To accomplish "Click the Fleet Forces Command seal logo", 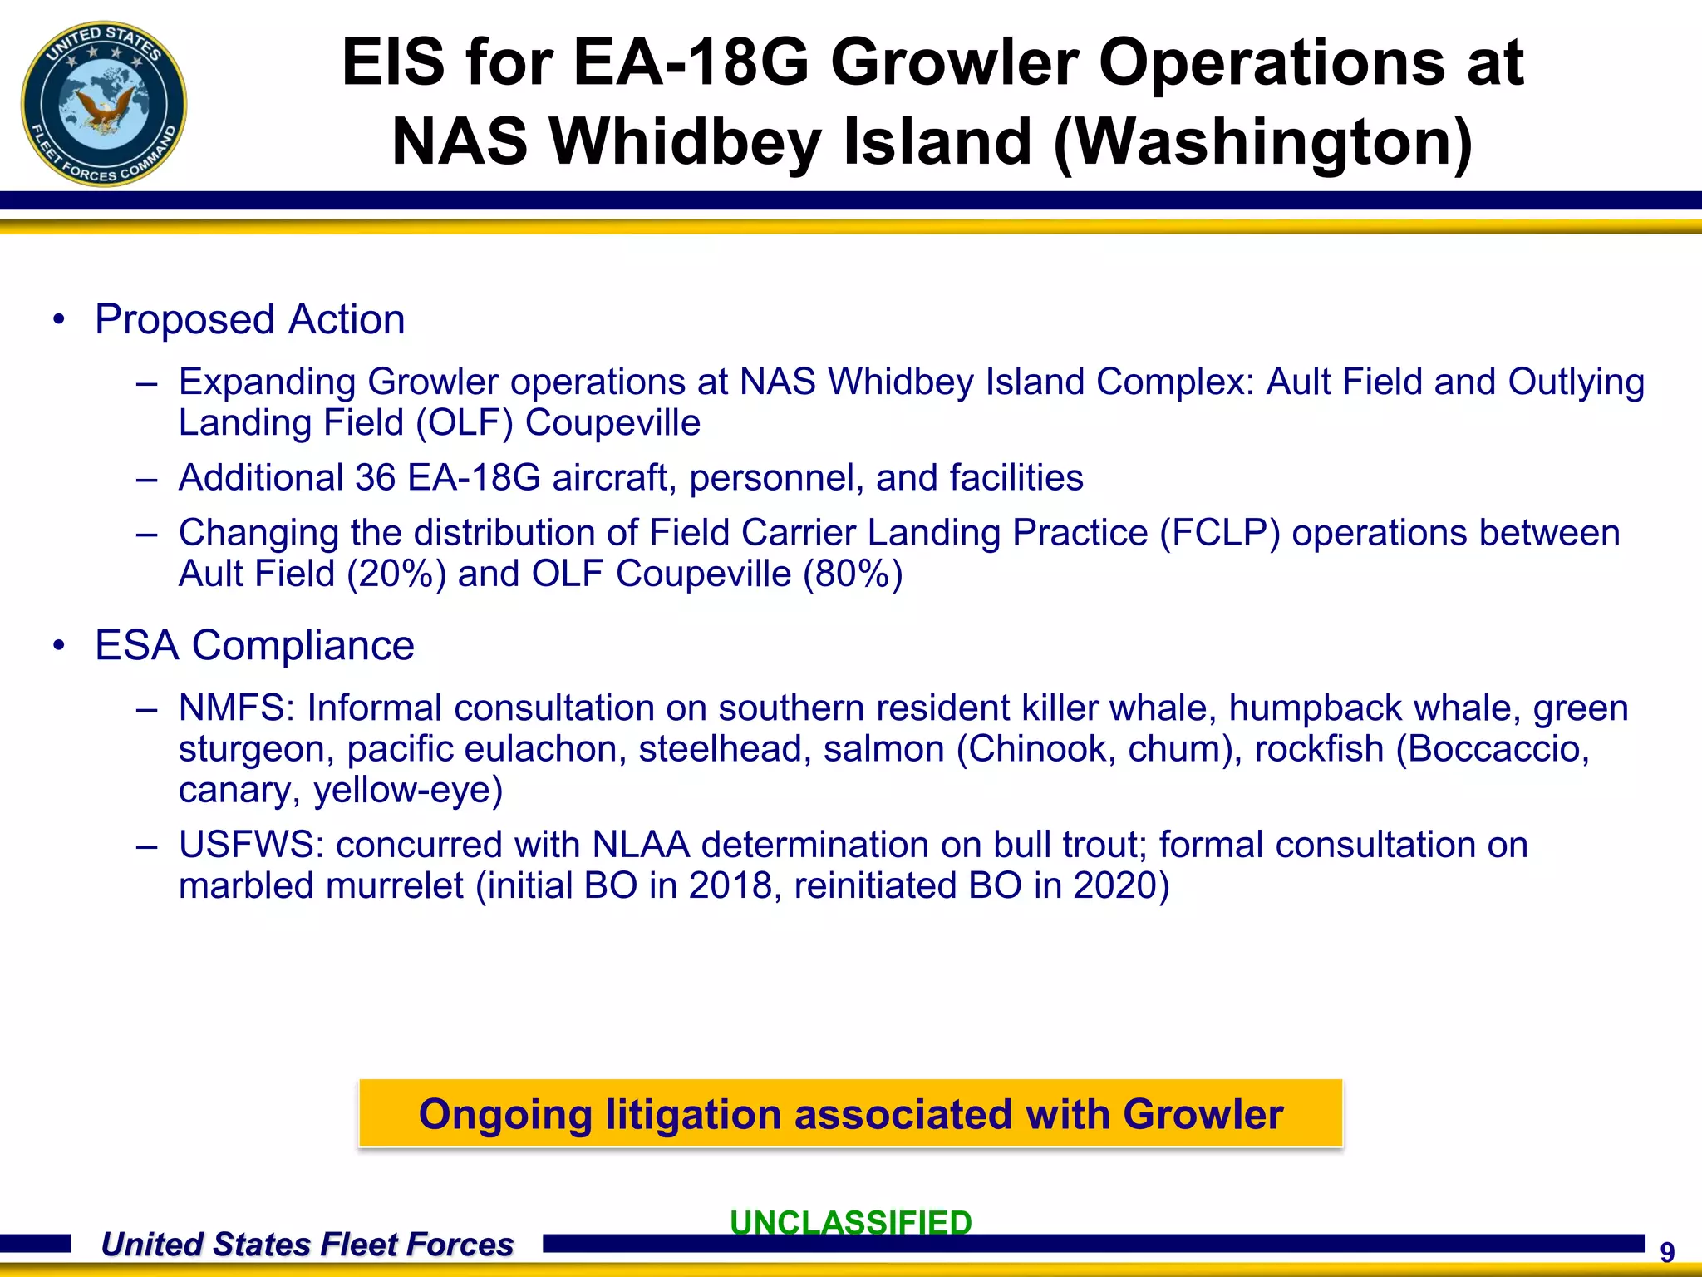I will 104,104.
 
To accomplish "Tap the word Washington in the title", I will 1263,141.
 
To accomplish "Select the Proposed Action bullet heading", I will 249,320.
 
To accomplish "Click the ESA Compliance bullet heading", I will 254,646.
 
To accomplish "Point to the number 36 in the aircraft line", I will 375,478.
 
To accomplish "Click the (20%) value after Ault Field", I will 396,574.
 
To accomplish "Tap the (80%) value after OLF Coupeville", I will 853,574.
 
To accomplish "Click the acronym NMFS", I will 236,708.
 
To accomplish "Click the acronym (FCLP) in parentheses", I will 1220,533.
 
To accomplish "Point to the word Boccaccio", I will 1493,749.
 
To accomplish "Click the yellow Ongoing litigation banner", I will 850,1114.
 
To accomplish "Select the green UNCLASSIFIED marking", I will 850,1222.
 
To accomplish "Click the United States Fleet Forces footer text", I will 307,1245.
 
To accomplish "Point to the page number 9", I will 1667,1252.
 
